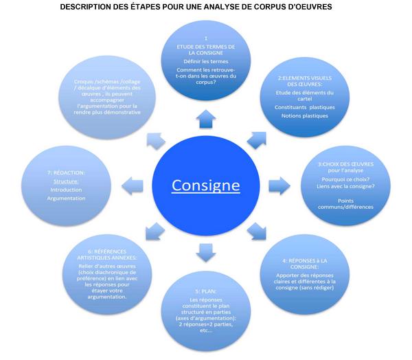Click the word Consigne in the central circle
[206, 185]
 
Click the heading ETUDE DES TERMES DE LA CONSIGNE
[206, 49]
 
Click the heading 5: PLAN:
[206, 291]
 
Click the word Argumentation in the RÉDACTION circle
[67, 199]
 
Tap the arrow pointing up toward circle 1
[206, 120]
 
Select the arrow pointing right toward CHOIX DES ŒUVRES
[277, 185]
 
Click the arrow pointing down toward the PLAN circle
[206, 253]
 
